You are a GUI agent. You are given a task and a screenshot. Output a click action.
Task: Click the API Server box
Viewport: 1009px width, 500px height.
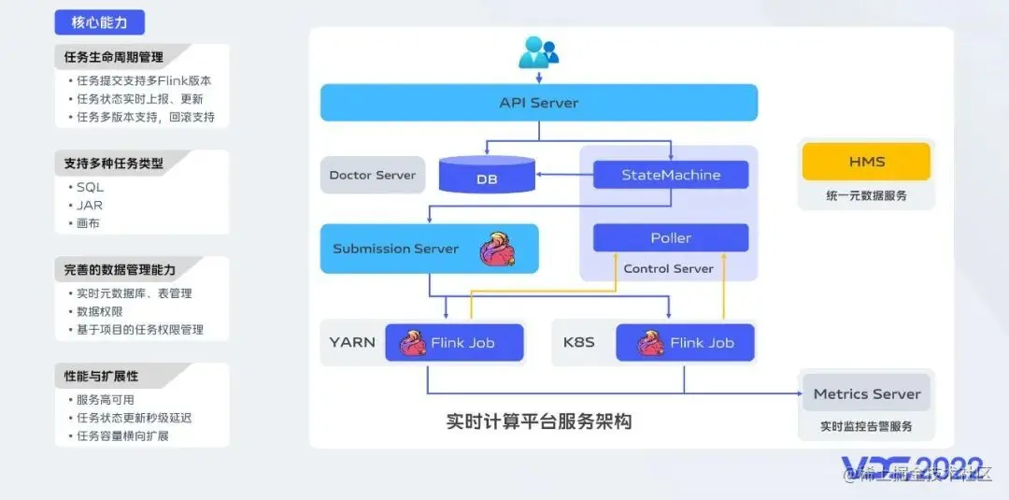click(x=538, y=103)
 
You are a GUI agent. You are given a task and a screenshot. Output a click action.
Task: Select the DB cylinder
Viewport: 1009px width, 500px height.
click(x=486, y=176)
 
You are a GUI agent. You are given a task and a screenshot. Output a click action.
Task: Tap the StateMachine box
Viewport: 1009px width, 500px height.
click(x=671, y=175)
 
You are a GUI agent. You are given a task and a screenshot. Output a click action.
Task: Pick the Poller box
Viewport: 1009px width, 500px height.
click(x=671, y=238)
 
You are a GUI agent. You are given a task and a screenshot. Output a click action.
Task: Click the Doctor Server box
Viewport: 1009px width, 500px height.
click(x=373, y=176)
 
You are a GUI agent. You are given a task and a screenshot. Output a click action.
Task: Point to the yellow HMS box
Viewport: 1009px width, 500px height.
click(x=866, y=162)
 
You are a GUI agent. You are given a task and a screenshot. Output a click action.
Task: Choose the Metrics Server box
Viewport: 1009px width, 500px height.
click(x=866, y=393)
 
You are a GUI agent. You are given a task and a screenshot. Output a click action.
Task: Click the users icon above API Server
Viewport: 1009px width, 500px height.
click(x=538, y=52)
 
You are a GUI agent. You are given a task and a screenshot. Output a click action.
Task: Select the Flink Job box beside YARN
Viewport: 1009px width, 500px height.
click(x=455, y=343)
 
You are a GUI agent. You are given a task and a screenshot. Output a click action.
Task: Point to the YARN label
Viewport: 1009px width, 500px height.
click(x=352, y=342)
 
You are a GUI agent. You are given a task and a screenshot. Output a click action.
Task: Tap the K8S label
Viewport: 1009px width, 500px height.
click(x=579, y=342)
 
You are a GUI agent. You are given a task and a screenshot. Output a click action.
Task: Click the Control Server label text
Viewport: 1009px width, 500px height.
click(x=668, y=269)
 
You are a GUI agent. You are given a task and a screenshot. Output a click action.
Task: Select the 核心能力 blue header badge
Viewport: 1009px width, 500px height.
click(x=100, y=22)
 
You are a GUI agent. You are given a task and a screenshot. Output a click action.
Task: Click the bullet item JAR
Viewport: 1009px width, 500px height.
click(x=91, y=206)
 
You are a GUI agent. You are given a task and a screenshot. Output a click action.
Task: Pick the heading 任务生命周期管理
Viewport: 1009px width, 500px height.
click(x=113, y=57)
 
